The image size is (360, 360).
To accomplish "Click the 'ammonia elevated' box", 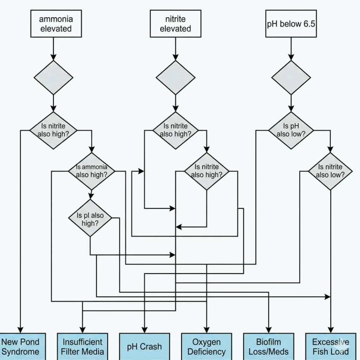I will click(56, 24).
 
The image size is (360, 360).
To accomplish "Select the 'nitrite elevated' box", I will click(175, 24).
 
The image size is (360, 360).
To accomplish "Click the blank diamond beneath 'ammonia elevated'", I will click(53, 77).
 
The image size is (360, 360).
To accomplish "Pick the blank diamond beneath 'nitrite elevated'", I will click(175, 77).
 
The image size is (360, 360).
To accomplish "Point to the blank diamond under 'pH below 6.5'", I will click(291, 77).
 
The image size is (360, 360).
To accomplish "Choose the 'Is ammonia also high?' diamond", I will click(91, 171).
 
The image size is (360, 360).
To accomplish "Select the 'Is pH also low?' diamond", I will click(291, 130).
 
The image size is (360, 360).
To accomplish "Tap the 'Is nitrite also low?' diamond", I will click(330, 171).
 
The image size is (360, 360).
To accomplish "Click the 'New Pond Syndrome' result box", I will click(20, 346).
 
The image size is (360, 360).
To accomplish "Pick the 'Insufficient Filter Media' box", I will click(83, 346).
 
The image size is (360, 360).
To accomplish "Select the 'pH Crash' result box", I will click(144, 346).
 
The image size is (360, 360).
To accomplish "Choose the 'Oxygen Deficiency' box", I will click(206, 346).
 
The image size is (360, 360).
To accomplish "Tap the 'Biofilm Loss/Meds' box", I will click(269, 346).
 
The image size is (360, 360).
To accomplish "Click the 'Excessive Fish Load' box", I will click(330, 346).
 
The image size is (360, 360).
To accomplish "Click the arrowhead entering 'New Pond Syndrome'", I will click(20, 330).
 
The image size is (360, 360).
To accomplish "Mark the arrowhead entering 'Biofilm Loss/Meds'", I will click(269, 330).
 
